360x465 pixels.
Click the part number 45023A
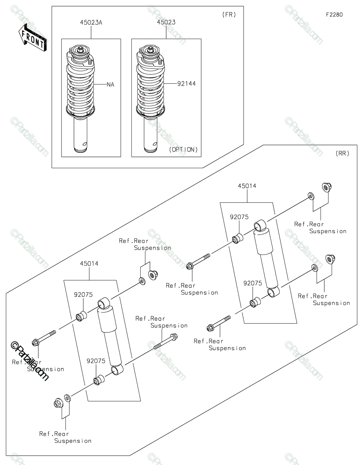(91, 23)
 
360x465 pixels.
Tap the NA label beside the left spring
(110, 84)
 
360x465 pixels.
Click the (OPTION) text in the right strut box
(183, 150)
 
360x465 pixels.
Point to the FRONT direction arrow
(33, 38)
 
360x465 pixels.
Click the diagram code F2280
(334, 15)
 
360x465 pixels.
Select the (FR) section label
(229, 15)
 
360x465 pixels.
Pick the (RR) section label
(342, 153)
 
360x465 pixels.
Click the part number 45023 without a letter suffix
(166, 23)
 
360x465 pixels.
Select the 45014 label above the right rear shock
(247, 186)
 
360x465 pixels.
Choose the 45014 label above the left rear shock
(89, 263)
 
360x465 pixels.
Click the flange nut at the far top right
(326, 187)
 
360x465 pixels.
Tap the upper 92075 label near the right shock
(239, 217)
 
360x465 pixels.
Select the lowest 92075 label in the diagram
(96, 361)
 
